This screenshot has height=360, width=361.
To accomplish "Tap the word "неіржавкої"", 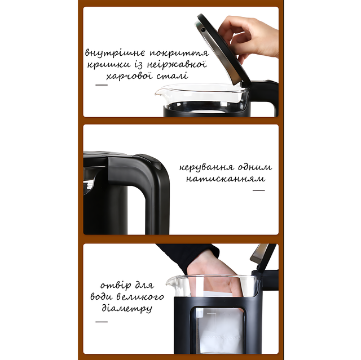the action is point(177,64).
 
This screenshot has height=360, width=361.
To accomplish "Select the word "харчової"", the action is point(129,76).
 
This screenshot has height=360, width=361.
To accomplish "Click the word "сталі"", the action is point(172,75).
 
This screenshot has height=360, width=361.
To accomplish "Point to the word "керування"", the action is point(206,167).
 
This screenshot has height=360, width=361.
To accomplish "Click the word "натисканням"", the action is point(226,179).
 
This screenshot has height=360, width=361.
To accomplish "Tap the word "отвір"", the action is point(116,286).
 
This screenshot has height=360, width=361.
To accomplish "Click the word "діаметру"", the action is point(127,308).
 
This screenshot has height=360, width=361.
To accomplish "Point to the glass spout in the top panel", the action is point(160,92).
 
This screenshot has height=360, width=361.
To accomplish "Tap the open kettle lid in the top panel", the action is point(222,51).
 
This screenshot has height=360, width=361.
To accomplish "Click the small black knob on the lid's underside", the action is point(203,30).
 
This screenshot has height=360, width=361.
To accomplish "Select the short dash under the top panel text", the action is point(102,85).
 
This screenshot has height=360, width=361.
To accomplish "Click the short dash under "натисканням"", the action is point(258,190).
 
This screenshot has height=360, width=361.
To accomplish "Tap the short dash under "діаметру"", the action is point(102,322).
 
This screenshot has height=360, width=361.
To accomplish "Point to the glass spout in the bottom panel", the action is point(171,283).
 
